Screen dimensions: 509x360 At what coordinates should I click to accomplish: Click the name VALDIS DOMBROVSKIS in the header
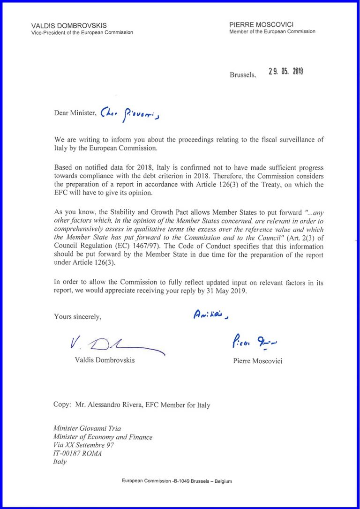click(x=69, y=25)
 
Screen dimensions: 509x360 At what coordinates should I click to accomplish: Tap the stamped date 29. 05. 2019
click(x=286, y=71)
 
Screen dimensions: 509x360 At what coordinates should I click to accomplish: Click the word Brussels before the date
click(x=243, y=75)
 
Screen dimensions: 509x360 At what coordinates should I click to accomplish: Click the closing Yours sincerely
click(x=77, y=316)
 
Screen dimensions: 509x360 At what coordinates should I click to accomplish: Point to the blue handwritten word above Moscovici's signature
click(x=210, y=315)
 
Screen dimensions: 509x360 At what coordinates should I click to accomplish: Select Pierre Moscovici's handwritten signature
click(x=254, y=344)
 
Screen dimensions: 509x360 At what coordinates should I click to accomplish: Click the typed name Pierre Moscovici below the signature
click(x=257, y=361)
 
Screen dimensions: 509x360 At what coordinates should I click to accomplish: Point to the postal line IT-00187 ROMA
click(x=77, y=453)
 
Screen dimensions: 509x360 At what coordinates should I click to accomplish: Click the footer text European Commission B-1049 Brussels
click(x=177, y=481)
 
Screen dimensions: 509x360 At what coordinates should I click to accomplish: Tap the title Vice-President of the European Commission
click(x=82, y=32)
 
